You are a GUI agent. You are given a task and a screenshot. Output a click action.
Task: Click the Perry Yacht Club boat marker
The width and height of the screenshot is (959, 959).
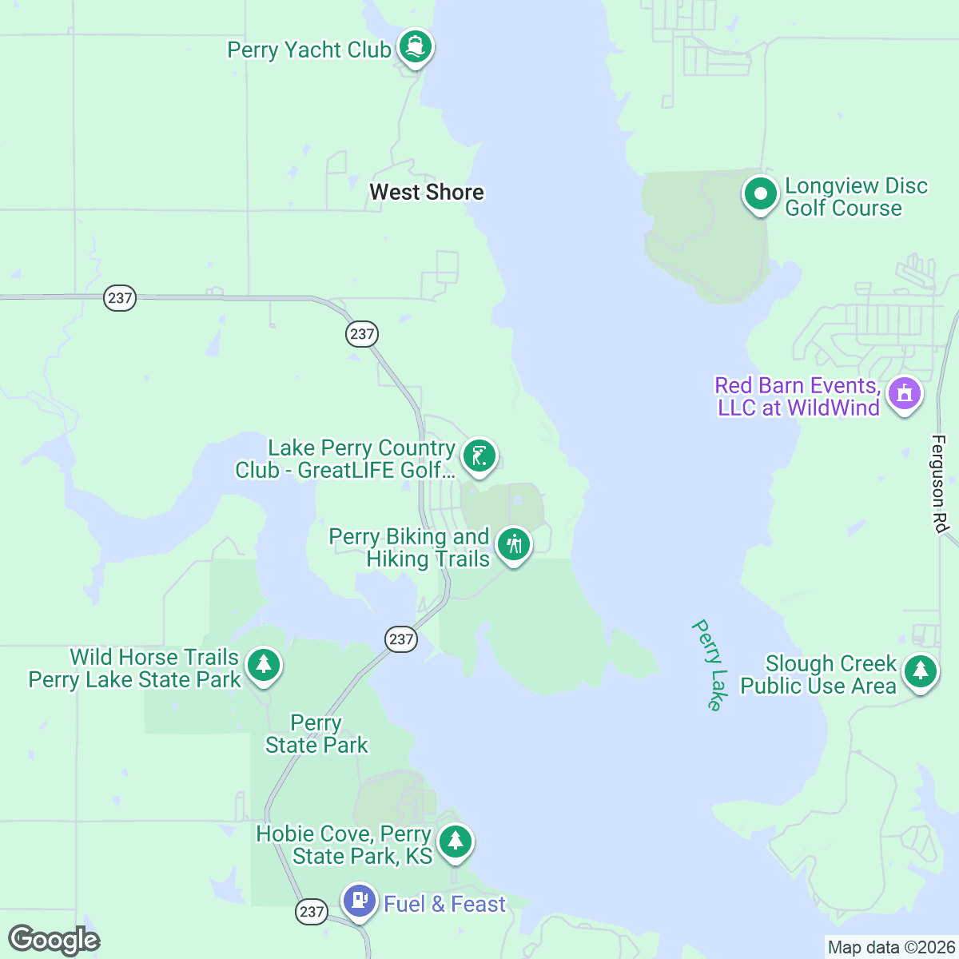point(414,47)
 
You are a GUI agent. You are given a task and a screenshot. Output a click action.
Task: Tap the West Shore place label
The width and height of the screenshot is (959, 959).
point(427,193)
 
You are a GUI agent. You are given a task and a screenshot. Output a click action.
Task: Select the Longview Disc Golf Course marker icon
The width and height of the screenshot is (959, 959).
point(760,194)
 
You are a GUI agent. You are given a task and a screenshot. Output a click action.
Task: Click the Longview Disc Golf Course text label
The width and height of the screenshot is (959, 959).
point(855,197)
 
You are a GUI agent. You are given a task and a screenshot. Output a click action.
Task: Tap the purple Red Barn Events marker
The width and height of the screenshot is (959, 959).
point(904,394)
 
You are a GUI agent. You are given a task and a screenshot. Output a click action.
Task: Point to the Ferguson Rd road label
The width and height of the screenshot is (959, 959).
point(939,484)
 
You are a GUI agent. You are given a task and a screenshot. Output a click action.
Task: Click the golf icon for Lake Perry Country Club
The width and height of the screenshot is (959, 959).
point(479,457)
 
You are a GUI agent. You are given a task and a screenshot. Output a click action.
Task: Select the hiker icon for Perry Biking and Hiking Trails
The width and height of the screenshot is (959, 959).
point(513,545)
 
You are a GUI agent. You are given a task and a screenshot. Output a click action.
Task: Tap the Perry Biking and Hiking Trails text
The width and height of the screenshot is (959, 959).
point(409,548)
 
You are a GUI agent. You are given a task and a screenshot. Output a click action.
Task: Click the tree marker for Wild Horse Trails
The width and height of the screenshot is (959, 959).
point(263,666)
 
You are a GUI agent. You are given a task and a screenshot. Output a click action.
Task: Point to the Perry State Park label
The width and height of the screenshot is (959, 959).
point(316,734)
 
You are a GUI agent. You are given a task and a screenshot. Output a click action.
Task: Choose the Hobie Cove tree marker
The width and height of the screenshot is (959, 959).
point(455,842)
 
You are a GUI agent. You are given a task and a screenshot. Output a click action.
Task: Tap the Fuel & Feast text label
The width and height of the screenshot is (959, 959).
point(445,905)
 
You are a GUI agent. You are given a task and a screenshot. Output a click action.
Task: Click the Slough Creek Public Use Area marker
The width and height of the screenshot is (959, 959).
point(920,672)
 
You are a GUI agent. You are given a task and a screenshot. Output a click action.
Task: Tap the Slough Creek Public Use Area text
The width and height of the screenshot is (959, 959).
point(819,675)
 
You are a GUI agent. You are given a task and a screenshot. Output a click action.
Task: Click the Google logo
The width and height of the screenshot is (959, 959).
point(54,941)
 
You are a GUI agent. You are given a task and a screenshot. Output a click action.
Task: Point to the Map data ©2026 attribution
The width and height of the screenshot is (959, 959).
point(890,948)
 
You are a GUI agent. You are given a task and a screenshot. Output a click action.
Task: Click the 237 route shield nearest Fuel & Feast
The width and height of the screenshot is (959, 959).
point(311,912)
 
